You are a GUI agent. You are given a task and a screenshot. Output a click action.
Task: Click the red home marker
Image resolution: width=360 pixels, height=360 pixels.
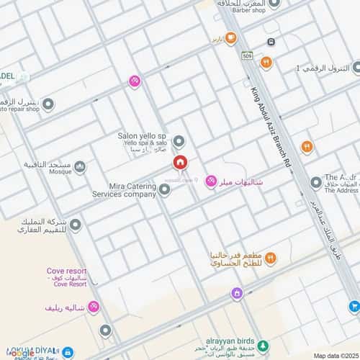[178, 163]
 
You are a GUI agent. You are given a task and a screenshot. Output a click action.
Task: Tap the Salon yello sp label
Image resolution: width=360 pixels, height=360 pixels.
[142, 135]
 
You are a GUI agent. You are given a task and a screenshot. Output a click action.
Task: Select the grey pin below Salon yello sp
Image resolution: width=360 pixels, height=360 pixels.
[179, 141]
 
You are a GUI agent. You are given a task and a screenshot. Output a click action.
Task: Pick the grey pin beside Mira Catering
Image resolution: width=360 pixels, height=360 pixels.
[164, 189]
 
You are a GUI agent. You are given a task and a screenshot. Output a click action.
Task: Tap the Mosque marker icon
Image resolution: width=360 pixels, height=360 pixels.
[80, 167]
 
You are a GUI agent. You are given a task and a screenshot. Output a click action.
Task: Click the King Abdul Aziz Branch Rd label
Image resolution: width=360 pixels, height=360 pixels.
[271, 127]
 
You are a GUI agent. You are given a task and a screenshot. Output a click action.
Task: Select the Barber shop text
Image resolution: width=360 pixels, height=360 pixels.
[249, 11]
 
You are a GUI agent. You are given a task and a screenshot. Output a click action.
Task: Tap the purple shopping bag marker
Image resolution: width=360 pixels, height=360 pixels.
[236, 293]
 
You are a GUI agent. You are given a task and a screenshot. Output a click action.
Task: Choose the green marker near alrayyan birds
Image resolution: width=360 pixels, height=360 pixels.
[263, 345]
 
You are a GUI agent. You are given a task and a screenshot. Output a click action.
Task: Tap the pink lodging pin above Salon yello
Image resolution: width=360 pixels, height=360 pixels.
[134, 81]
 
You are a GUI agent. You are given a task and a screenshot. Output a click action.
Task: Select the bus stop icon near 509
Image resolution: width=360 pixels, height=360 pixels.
[271, 42]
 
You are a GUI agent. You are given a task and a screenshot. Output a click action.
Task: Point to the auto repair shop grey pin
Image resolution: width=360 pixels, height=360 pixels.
[48, 105]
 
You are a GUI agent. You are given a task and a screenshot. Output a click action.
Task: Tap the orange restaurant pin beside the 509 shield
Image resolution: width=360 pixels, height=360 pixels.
[266, 63]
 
